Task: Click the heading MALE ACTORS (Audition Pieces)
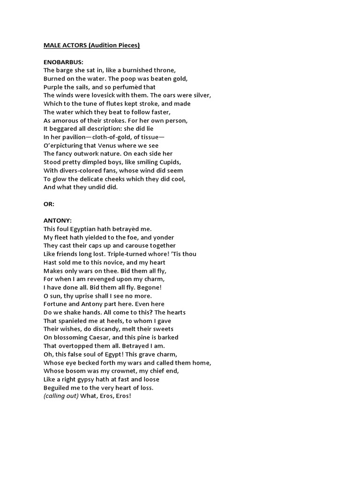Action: [92, 45]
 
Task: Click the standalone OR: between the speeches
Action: [50, 204]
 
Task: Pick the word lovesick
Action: [104, 95]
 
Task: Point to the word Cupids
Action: [169, 162]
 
